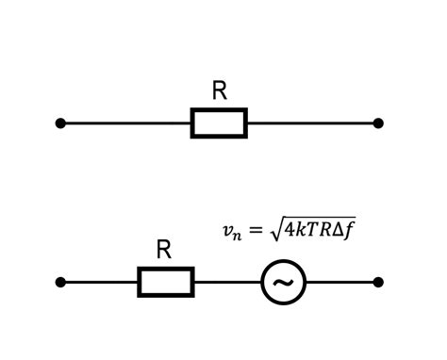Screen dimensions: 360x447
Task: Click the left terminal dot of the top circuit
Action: [x=60, y=123]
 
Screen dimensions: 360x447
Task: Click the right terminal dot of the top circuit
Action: [x=378, y=123]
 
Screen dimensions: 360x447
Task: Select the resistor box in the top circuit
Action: [x=219, y=123]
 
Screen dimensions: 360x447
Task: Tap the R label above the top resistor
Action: [x=220, y=90]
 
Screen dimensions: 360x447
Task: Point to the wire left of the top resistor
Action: [x=127, y=123]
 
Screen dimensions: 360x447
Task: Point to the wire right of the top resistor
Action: [x=311, y=123]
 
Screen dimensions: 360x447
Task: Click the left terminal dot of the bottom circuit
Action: [x=60, y=282]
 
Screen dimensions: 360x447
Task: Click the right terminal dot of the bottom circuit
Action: [x=378, y=282]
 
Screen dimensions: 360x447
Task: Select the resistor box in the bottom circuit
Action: [x=166, y=282]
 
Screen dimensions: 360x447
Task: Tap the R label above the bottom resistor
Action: [x=164, y=250]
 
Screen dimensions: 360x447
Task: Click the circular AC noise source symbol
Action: [x=283, y=282]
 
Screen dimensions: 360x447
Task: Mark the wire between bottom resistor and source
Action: [x=226, y=282]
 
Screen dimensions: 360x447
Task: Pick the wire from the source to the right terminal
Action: [x=341, y=282]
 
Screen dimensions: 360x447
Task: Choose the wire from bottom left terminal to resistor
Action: [x=100, y=282]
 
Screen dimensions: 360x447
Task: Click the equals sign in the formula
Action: [x=255, y=230]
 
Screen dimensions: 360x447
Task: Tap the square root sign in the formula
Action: [x=274, y=229]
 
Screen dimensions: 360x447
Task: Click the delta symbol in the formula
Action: [x=336, y=229]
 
